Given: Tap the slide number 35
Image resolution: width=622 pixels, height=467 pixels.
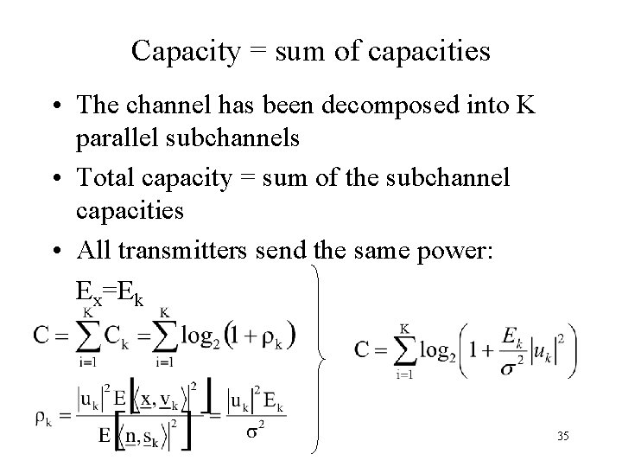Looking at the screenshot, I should pyautogui.click(x=563, y=437).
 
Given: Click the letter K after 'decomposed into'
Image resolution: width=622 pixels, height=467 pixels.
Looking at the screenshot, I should pyautogui.click(x=524, y=106).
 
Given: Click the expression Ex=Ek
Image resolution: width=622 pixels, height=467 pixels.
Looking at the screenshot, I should pyautogui.click(x=110, y=291).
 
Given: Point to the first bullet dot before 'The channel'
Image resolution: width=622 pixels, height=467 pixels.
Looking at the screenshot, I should pyautogui.click(x=57, y=106).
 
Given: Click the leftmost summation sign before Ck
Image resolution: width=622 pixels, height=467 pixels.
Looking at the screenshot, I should pyautogui.click(x=86, y=333).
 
